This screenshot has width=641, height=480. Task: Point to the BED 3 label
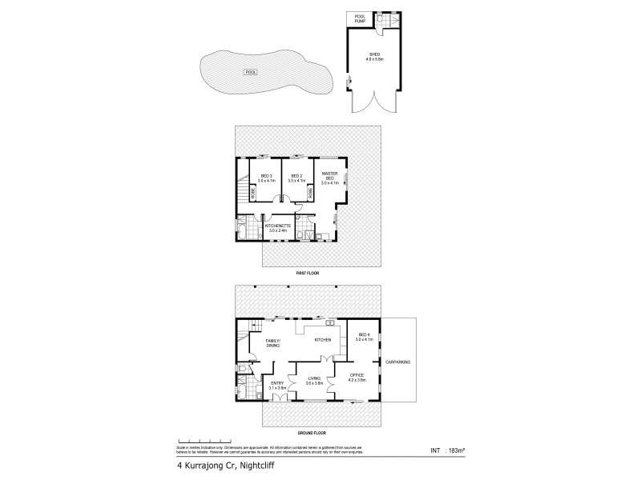(267, 178)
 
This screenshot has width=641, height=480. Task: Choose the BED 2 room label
(296, 178)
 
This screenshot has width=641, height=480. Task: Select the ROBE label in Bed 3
(253, 193)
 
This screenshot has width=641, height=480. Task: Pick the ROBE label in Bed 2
(310, 193)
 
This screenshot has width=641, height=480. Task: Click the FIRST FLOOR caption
(308, 273)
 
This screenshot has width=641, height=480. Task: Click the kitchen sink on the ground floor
(329, 323)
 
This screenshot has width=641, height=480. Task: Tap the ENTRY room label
(277, 386)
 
